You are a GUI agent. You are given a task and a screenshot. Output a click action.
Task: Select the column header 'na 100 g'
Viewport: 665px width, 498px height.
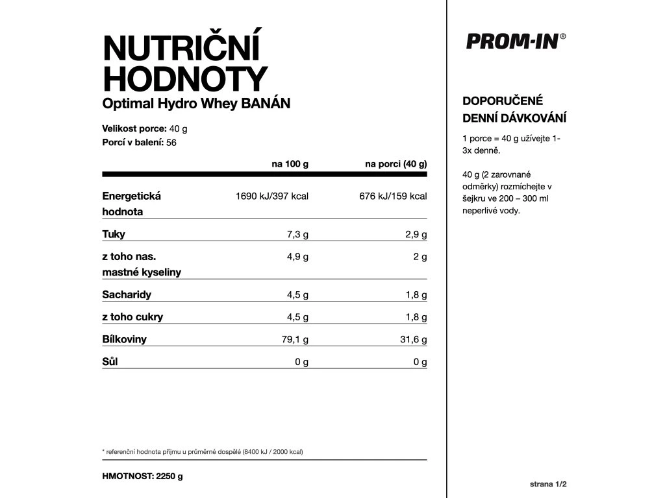[290, 164]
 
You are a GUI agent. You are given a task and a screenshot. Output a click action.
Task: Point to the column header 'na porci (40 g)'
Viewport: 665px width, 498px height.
[395, 164]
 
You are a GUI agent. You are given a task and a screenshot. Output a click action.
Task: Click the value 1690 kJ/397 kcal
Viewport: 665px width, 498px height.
[271, 196]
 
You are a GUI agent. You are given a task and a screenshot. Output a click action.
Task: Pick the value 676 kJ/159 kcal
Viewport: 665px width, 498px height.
[393, 196]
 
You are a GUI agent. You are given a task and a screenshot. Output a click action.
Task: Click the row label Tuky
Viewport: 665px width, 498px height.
[114, 234]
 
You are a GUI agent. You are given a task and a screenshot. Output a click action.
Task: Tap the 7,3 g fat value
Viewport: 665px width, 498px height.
[297, 234]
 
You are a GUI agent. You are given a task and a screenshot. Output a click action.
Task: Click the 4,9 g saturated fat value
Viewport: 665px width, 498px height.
[297, 257]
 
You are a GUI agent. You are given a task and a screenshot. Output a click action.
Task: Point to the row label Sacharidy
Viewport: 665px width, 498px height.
[127, 294]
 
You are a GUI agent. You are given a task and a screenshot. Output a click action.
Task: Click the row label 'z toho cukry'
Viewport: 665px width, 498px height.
[132, 317]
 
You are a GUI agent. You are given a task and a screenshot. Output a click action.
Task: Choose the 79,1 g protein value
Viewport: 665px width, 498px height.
[294, 339]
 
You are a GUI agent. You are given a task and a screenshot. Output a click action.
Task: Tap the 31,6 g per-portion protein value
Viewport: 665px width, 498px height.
[412, 339]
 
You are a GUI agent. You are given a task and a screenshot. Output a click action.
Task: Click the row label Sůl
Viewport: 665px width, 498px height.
[109, 362]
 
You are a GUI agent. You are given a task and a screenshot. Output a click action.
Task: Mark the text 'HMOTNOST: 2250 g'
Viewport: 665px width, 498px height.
[142, 476]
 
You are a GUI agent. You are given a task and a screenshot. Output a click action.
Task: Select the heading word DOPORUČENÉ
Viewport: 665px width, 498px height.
[502, 101]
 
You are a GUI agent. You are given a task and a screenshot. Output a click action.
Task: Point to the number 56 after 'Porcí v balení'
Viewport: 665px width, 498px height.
[171, 143]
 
